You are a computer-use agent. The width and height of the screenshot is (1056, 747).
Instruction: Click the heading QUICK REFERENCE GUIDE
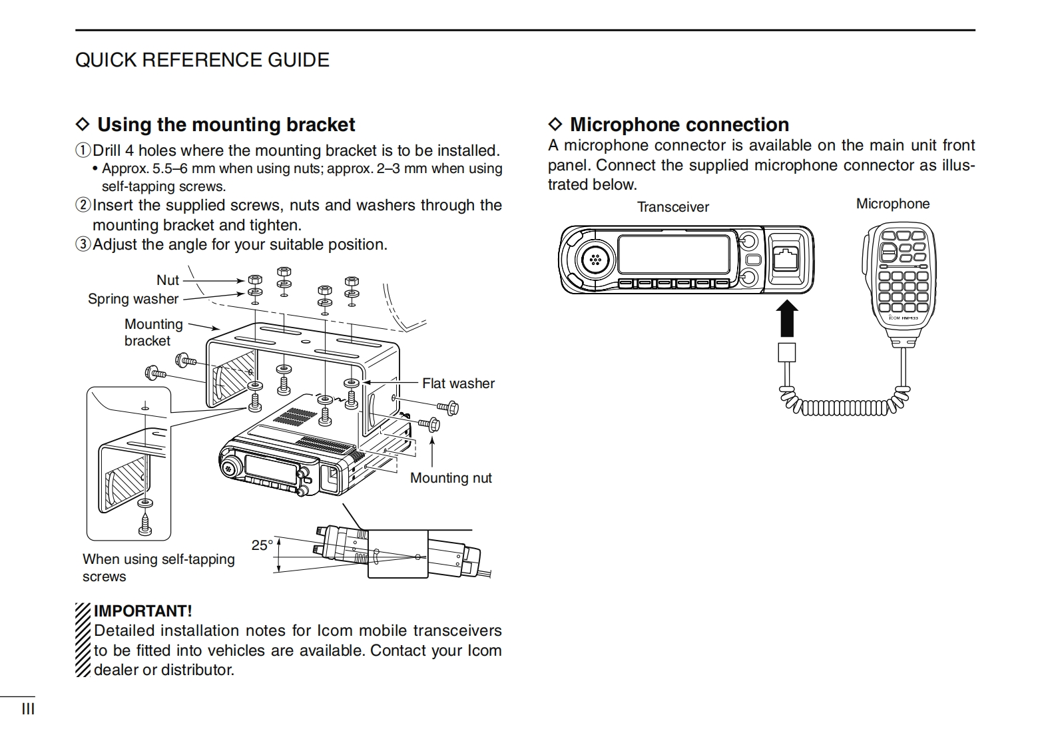(202, 60)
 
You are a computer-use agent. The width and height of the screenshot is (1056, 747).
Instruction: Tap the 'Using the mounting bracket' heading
(226, 124)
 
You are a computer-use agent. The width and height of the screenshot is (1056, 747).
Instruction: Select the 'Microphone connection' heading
(678, 124)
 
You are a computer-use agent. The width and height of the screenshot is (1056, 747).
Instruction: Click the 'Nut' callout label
(168, 280)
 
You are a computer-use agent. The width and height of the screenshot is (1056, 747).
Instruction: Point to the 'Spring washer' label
(133, 299)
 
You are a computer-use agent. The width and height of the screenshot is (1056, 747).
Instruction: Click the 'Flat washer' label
(458, 383)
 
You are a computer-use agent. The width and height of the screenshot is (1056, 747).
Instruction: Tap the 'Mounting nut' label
(451, 478)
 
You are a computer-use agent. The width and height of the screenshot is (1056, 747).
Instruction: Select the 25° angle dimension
(262, 545)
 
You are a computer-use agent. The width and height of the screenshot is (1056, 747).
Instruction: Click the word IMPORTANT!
(142, 611)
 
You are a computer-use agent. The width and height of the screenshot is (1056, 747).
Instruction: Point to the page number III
(28, 709)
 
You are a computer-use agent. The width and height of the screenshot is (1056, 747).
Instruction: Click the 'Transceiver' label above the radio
(672, 207)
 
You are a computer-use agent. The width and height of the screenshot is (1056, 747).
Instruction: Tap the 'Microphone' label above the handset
(892, 204)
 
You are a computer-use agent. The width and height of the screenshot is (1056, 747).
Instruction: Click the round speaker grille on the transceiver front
(595, 260)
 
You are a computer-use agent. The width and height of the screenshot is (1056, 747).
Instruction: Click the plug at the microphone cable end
(786, 352)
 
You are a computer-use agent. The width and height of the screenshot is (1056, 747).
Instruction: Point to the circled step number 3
(83, 244)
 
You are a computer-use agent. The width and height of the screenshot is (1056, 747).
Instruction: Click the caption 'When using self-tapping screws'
(158, 568)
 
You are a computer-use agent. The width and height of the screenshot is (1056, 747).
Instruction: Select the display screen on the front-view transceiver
(675, 254)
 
